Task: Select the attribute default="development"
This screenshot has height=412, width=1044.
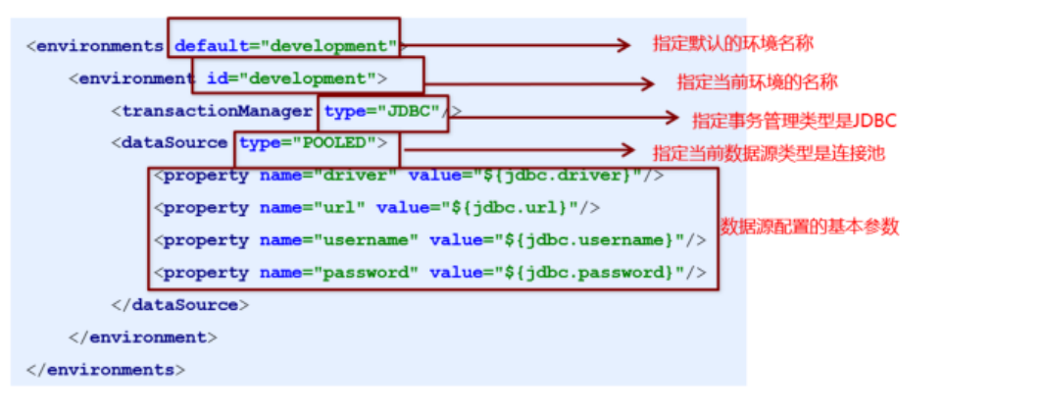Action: (x=285, y=46)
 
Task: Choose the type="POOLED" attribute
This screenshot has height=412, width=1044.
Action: (x=308, y=142)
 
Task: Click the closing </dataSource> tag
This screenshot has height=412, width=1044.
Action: (x=180, y=305)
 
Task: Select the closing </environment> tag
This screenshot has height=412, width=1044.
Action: (x=143, y=337)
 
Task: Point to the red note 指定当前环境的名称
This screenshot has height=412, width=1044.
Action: (x=757, y=82)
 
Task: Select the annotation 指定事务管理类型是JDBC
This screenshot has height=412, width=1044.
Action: (x=794, y=121)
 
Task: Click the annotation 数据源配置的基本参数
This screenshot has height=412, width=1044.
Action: (x=810, y=227)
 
